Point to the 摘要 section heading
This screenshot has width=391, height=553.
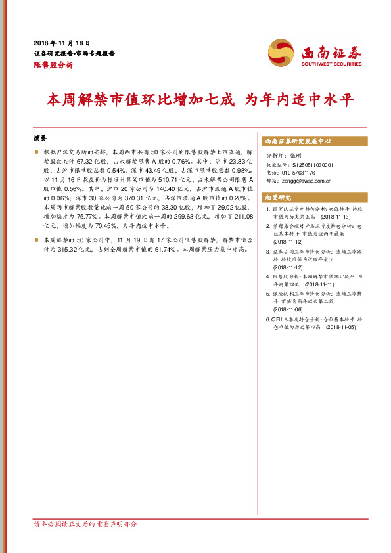click(40, 139)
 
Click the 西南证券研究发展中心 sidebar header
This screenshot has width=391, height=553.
click(298, 141)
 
